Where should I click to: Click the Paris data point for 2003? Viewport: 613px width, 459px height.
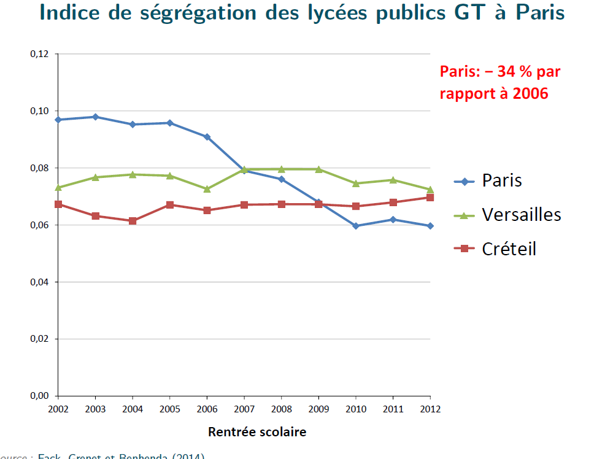(x=95, y=117)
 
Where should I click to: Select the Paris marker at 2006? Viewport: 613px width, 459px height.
(x=207, y=137)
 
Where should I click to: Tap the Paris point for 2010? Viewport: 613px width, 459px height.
(x=356, y=226)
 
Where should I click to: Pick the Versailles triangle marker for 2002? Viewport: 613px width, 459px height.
(x=58, y=187)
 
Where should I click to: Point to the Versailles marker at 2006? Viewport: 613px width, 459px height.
(x=207, y=189)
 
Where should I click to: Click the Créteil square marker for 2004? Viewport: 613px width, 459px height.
(x=133, y=221)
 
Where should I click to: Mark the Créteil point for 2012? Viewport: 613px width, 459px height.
(x=430, y=198)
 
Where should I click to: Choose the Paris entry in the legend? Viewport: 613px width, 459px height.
(x=502, y=180)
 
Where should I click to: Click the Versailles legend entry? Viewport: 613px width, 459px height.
(x=522, y=214)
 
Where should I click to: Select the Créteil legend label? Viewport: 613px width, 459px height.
(x=509, y=249)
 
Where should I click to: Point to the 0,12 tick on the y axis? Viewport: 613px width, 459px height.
(x=39, y=54)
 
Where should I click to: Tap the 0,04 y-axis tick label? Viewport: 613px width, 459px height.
(x=39, y=282)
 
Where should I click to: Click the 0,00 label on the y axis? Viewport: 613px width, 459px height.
(x=39, y=396)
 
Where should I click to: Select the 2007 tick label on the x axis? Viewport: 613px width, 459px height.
(x=244, y=408)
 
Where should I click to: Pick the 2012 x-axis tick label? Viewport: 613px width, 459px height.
(x=430, y=408)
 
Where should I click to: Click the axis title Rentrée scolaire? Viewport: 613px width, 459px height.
(x=257, y=432)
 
